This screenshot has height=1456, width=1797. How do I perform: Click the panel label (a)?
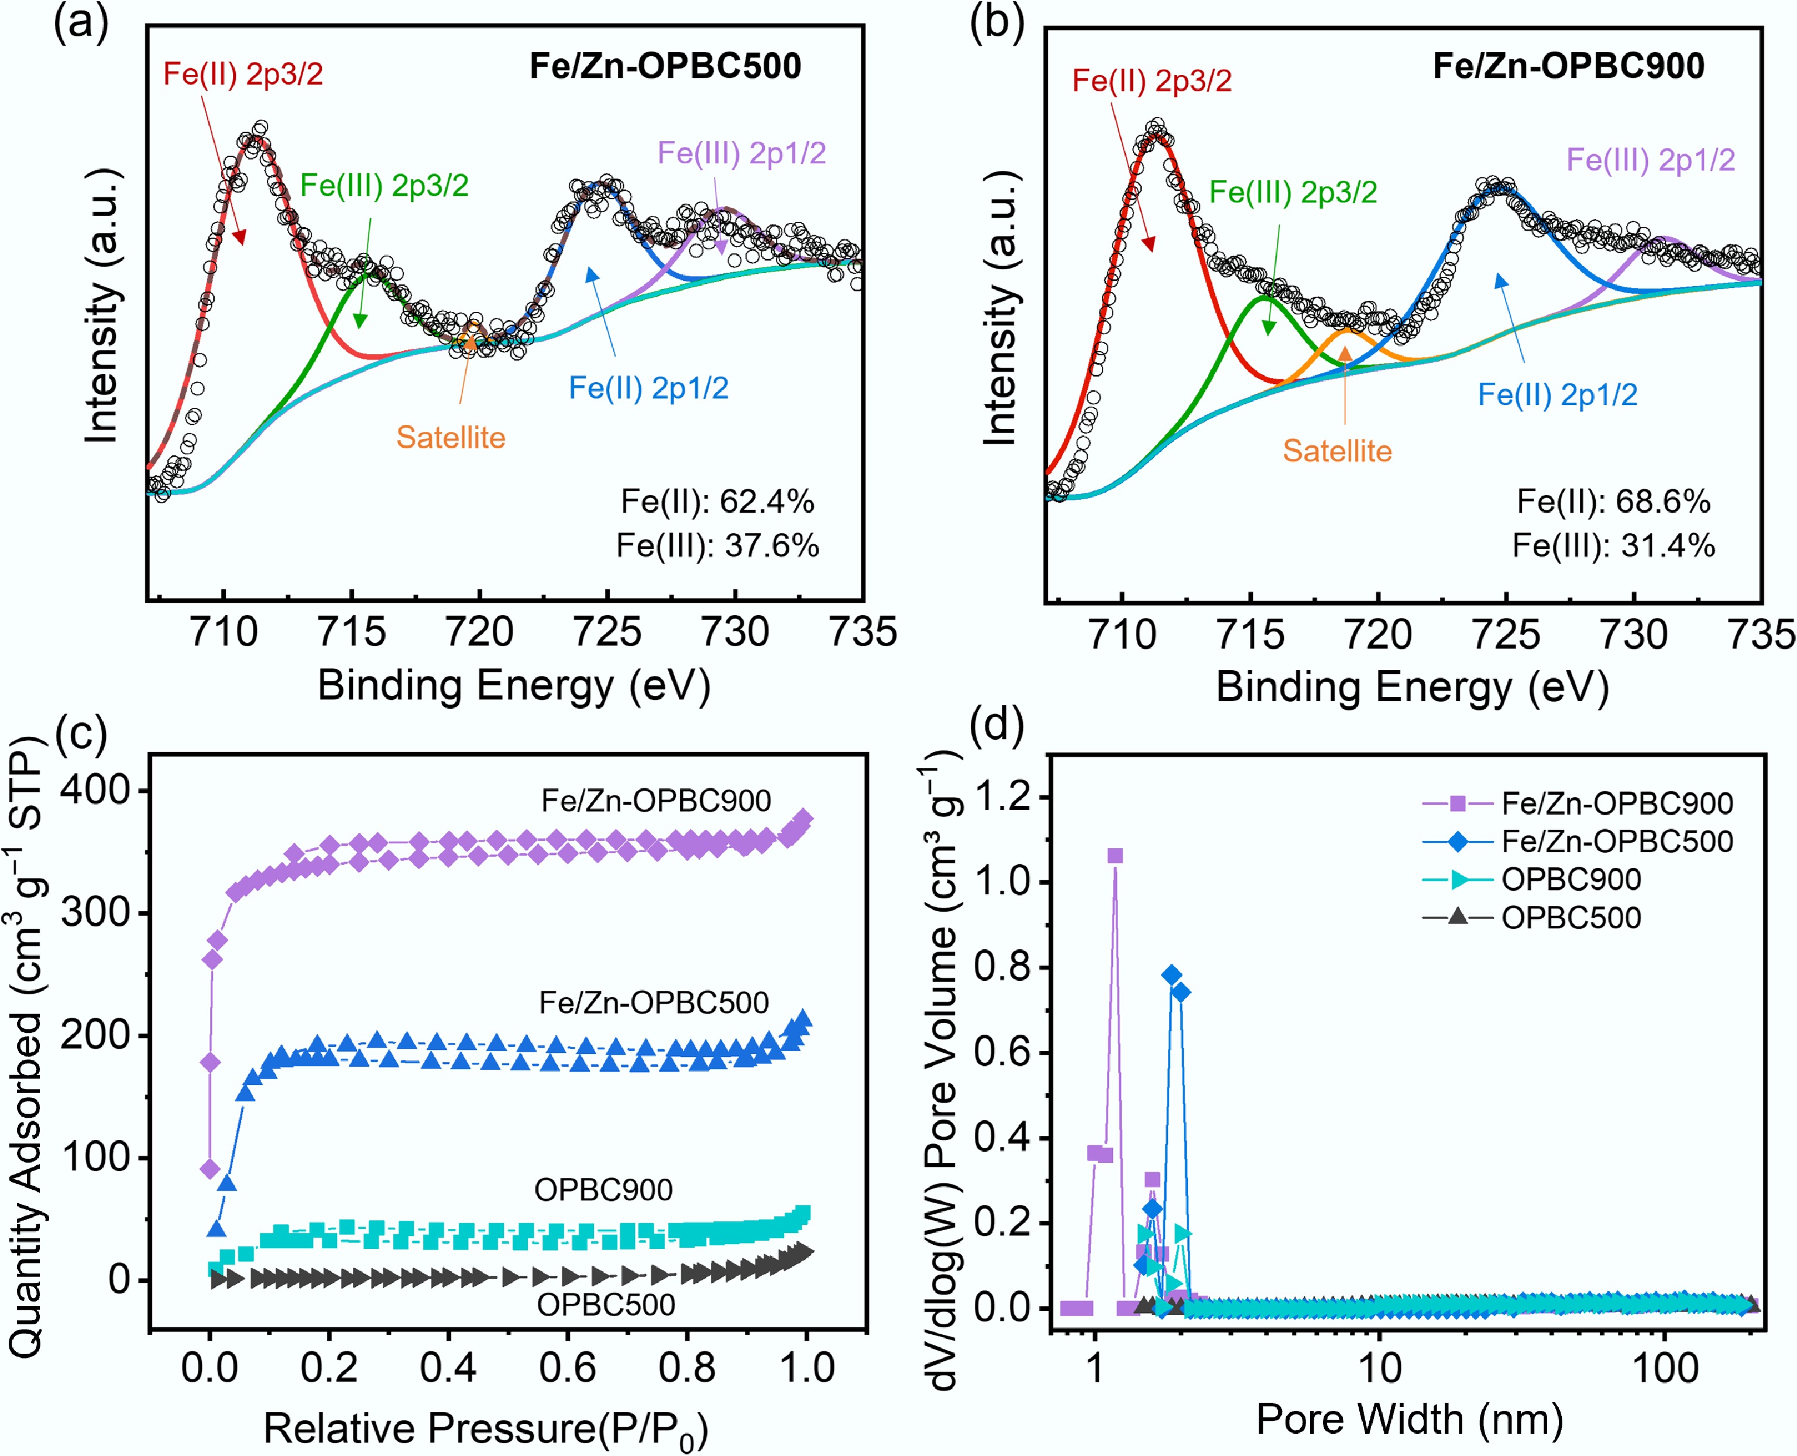click(81, 23)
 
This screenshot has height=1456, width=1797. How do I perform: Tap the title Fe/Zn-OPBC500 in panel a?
click(665, 66)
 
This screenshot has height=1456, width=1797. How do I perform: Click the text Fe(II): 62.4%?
click(717, 502)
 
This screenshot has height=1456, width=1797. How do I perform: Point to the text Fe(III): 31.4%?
click(1613, 546)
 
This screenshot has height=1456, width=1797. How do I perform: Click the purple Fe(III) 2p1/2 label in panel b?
click(1650, 159)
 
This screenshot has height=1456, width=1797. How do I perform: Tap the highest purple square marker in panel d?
click(1115, 856)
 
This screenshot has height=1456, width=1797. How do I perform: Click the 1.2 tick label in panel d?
click(1001, 796)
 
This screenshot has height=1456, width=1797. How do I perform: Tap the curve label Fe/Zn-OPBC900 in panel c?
click(656, 801)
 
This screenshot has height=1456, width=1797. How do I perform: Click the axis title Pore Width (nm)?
click(1409, 1419)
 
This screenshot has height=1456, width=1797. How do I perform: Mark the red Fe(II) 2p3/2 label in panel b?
click(1152, 81)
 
